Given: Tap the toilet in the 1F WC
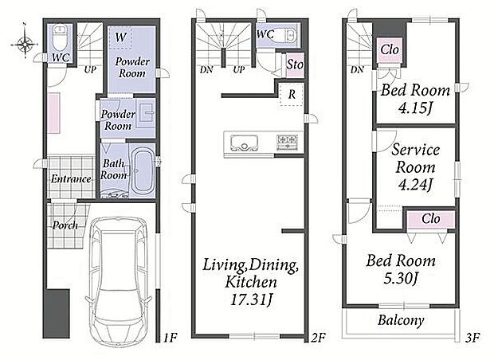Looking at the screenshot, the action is pyautogui.click(x=59, y=37).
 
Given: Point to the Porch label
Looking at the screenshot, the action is pyautogui.click(x=65, y=225).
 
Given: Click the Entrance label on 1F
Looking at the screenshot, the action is pyautogui.click(x=71, y=179).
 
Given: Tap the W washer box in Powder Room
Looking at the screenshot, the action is pyautogui.click(x=120, y=37).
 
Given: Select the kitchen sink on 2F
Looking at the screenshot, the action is pyautogui.click(x=244, y=143).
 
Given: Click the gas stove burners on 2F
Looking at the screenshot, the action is pyautogui.click(x=287, y=142).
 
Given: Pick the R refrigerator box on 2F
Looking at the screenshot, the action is pyautogui.click(x=292, y=94).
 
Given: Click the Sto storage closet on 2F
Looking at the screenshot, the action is pyautogui.click(x=295, y=65).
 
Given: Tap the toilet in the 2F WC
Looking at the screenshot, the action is pyautogui.click(x=290, y=35).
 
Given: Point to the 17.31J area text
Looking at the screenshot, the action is pyautogui.click(x=251, y=299).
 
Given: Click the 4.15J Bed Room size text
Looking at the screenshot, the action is pyautogui.click(x=415, y=108).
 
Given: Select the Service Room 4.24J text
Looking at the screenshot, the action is pyautogui.click(x=415, y=167).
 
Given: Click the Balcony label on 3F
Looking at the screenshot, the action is pyautogui.click(x=401, y=320).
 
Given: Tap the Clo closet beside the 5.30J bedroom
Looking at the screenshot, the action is pyautogui.click(x=431, y=219).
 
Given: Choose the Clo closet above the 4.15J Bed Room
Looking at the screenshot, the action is pyautogui.click(x=390, y=49).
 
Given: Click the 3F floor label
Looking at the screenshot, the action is pyautogui.click(x=472, y=338).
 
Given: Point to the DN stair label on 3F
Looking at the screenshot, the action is pyautogui.click(x=357, y=69).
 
